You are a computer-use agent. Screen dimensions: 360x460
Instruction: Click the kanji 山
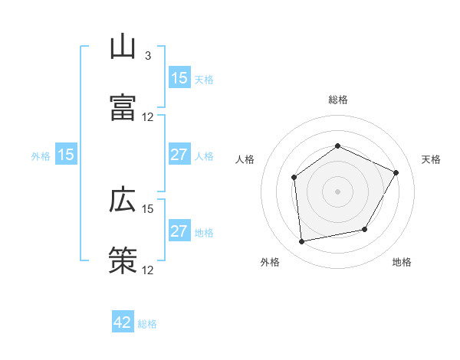(123, 47)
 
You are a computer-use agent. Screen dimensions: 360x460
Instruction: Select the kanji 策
(123, 260)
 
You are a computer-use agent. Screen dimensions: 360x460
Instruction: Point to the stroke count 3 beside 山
(148, 56)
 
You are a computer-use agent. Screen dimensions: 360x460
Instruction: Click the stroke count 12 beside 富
(148, 117)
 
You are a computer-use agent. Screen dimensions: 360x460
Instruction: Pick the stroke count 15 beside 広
(148, 208)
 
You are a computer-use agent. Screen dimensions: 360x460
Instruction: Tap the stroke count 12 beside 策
(148, 270)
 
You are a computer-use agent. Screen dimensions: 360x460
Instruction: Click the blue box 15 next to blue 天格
(179, 78)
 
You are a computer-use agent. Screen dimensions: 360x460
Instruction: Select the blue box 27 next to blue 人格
(179, 155)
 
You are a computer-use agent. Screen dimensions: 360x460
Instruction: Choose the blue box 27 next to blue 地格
(179, 232)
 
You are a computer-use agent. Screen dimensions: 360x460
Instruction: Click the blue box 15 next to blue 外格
(66, 155)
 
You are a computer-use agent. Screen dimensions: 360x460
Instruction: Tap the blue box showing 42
(123, 322)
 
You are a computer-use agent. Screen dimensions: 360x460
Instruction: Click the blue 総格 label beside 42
(147, 324)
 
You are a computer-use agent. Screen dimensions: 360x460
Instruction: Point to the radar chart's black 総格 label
(337, 100)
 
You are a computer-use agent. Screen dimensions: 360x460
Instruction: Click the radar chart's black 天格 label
(431, 159)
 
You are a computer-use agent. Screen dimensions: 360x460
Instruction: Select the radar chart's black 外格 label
(270, 263)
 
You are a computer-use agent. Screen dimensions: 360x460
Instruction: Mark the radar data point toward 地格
(365, 229)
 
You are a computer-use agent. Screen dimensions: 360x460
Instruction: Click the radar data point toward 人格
(294, 178)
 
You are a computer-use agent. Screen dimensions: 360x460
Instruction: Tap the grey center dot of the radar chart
(337, 191)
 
